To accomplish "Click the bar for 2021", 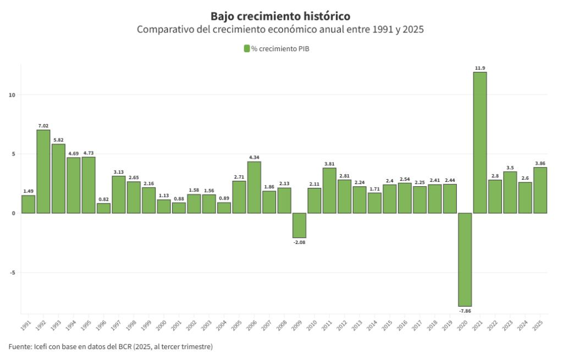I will [x=480, y=142].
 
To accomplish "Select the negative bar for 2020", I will [x=465, y=259].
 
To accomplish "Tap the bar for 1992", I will [x=43, y=171].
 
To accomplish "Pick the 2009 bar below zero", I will [x=299, y=225].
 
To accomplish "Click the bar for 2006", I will [x=254, y=187].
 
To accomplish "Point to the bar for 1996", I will [x=103, y=208].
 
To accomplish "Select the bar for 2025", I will [x=540, y=190].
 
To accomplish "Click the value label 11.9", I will [x=480, y=68].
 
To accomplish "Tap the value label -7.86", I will [x=465, y=311].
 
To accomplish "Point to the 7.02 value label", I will [x=43, y=126].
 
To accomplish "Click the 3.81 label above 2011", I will [x=329, y=164].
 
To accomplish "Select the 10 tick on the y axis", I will [x=12, y=95].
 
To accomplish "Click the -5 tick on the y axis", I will [x=12, y=272].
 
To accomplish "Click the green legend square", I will [x=247, y=49].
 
